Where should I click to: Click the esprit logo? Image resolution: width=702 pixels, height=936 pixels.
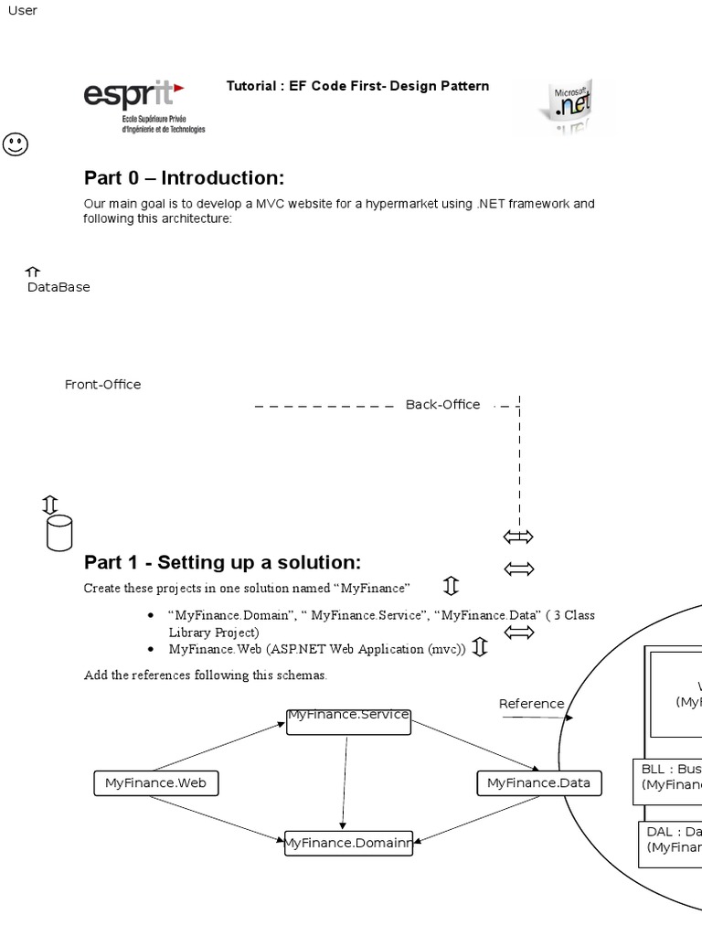pos(144,105)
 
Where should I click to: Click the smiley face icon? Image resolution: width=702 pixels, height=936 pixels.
pos(16,144)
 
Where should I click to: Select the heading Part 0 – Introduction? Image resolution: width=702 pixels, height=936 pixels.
pos(184,177)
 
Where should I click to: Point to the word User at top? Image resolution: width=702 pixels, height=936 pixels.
pos(23,11)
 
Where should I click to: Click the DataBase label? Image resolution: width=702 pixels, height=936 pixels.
pos(58,287)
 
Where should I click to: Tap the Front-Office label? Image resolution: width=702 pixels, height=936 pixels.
pos(102,385)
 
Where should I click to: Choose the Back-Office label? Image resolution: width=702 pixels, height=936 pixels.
pos(442,405)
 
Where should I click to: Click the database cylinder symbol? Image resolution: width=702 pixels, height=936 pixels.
pos(58,533)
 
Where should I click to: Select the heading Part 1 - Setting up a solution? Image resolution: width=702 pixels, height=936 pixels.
pos(222,561)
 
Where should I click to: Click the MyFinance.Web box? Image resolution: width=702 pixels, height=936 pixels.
pos(156,783)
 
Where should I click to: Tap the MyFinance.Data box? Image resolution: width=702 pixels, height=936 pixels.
pos(538,783)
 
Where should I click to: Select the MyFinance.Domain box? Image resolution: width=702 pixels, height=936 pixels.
pos(348,843)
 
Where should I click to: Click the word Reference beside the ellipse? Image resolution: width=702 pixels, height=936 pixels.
pos(531,704)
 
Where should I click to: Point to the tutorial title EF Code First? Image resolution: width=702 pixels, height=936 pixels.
pos(357,86)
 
